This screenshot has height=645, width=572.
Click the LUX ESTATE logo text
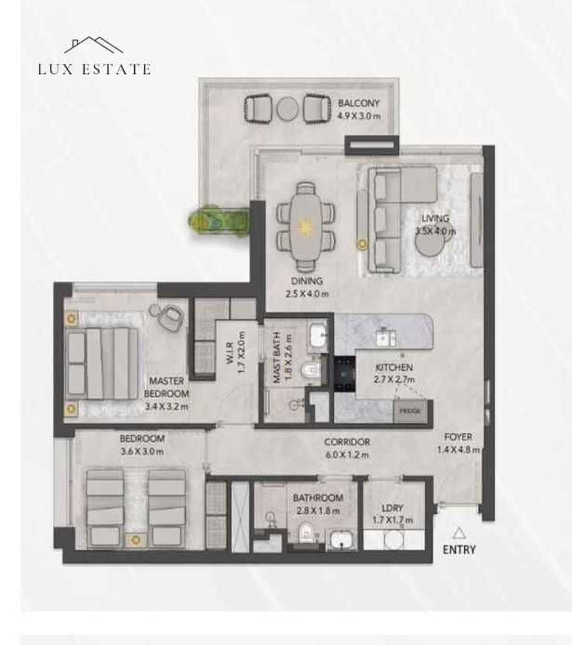click(94, 69)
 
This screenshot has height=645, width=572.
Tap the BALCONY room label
click(358, 103)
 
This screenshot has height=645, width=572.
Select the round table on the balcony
click(287, 109)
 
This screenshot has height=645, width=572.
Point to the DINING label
click(307, 281)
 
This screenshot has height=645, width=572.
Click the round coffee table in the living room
click(430, 241)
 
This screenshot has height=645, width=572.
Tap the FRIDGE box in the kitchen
click(410, 411)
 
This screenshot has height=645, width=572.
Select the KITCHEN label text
click(393, 367)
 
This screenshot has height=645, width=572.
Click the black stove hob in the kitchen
click(344, 374)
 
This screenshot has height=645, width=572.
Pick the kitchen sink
click(385, 338)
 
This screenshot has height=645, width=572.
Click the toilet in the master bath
click(312, 369)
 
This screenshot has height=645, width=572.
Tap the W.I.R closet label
click(230, 352)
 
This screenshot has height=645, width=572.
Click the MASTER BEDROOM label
click(166, 387)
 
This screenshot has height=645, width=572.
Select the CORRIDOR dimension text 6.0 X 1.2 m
click(347, 454)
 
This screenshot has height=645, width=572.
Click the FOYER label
click(458, 437)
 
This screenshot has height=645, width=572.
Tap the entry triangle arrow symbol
click(459, 533)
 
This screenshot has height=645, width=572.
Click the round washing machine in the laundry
click(393, 540)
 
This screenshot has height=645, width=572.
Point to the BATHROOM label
click(318, 498)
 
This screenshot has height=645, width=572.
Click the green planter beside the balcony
click(218, 220)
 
